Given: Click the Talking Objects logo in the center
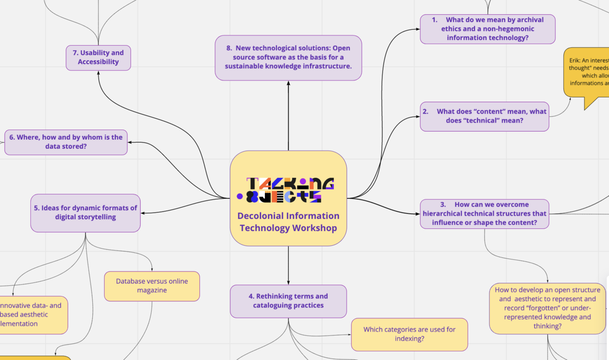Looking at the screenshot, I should point(288,190).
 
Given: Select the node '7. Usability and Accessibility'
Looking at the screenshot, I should point(98,57).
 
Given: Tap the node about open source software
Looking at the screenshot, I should point(288,57).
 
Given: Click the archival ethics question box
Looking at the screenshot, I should point(487,29).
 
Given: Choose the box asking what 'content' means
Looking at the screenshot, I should point(484,116).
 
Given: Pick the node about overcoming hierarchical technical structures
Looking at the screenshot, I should point(484,214).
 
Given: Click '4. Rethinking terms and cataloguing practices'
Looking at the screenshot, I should point(288,301).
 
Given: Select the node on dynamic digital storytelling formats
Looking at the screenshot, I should point(85,213).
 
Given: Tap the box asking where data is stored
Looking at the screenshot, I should point(66,142).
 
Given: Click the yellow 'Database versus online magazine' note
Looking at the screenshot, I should point(152,286).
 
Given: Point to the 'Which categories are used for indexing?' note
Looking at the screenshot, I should point(409,334).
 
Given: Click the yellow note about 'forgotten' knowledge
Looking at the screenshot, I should point(547,308).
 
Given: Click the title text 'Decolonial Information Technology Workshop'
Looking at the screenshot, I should point(288,222).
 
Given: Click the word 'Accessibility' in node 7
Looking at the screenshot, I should point(98,62).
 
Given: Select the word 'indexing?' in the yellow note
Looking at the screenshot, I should point(409,339).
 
